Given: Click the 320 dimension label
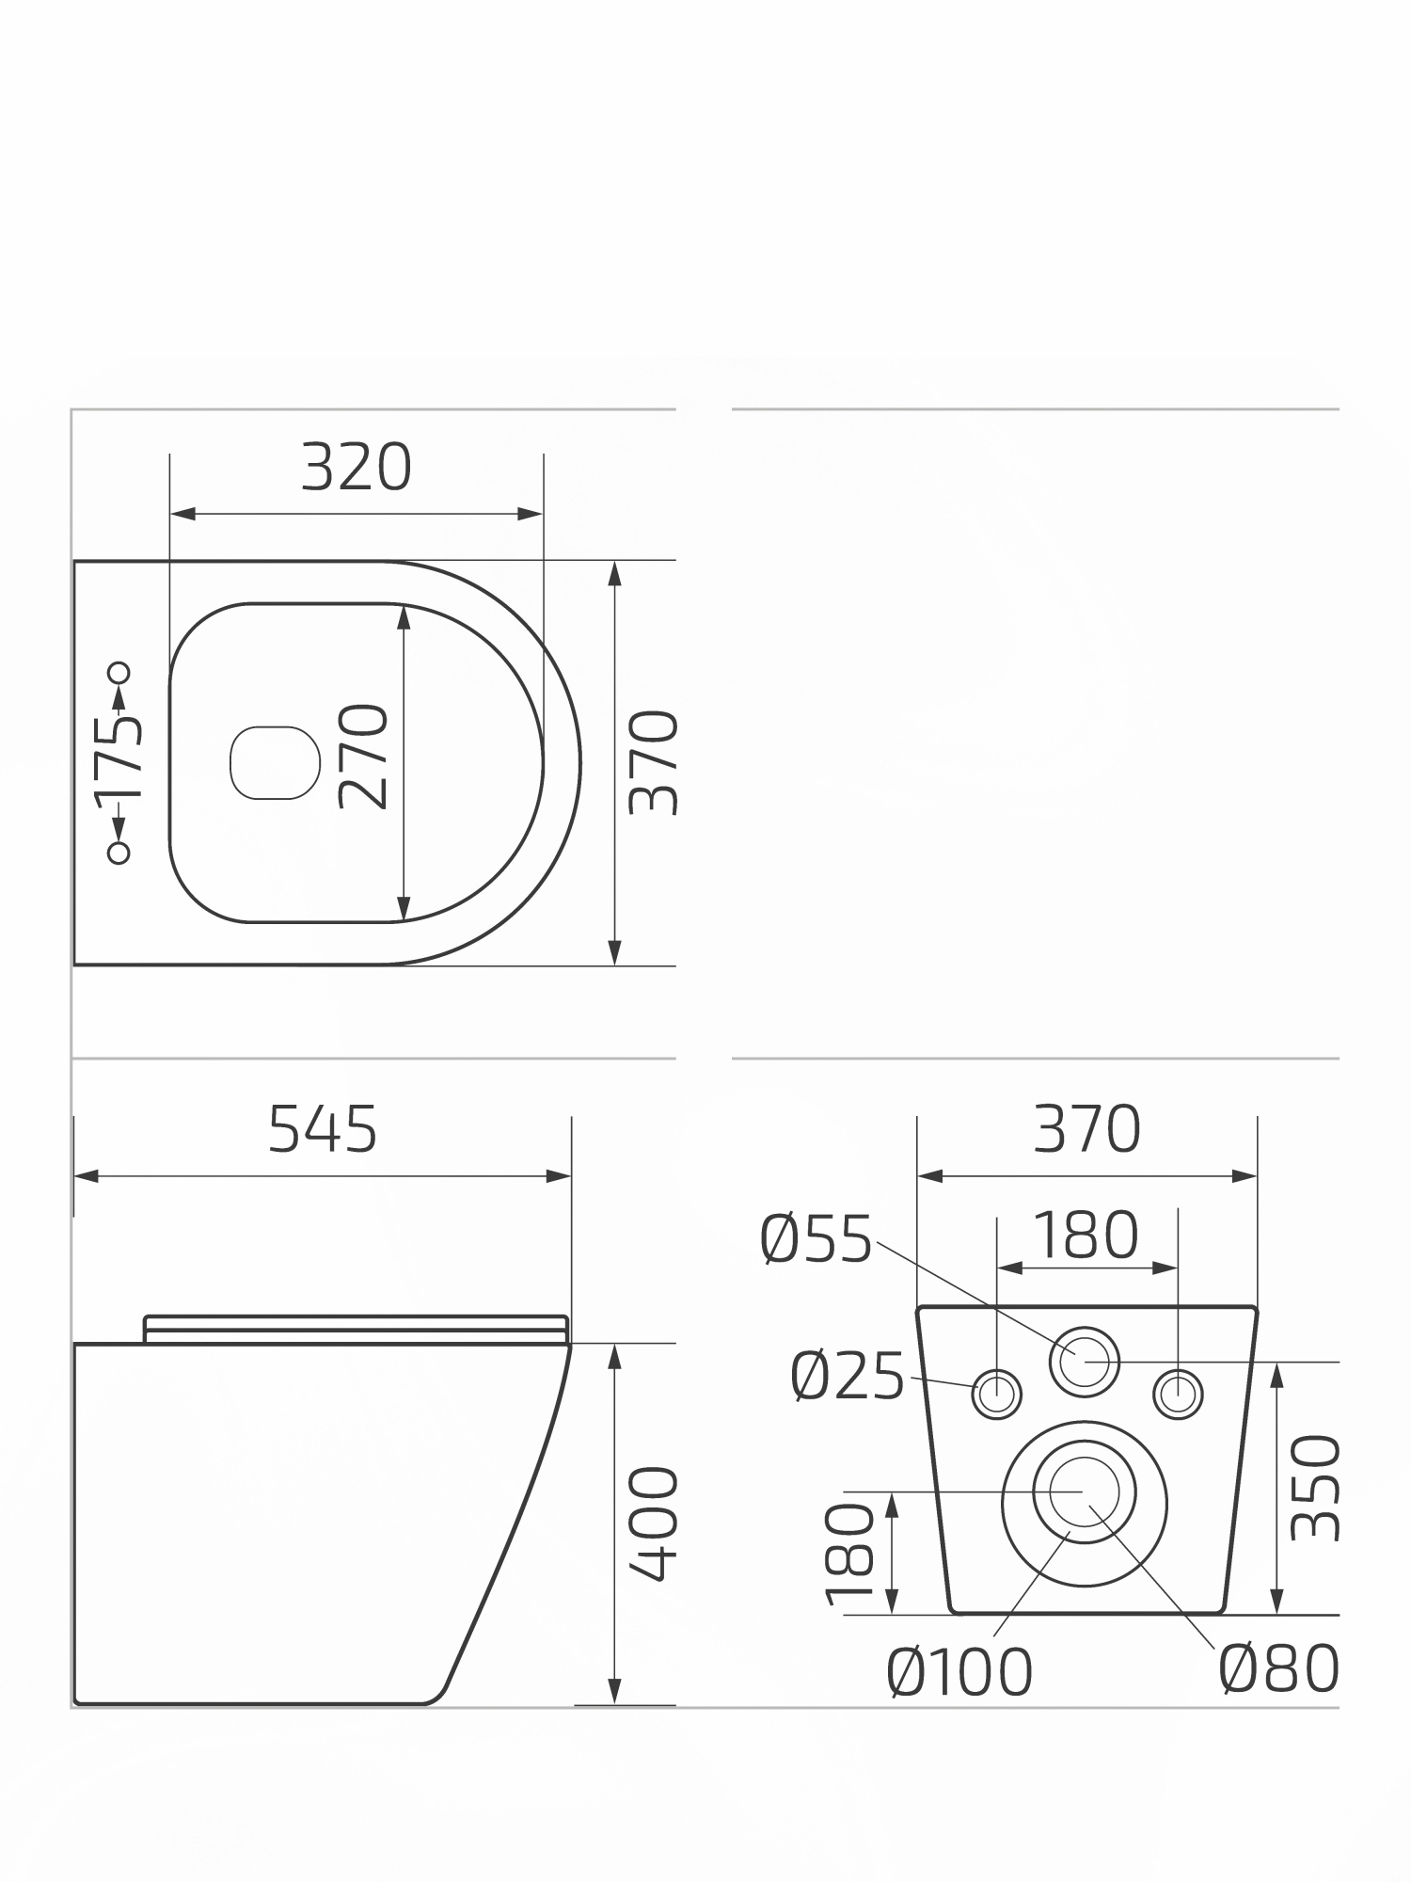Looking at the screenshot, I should [356, 468].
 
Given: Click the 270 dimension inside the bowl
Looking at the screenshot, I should [364, 756].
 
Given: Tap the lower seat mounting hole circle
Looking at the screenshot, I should [119, 853].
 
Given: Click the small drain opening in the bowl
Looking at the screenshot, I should [274, 762].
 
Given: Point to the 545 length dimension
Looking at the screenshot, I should [323, 1129].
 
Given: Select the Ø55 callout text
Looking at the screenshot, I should [816, 1239].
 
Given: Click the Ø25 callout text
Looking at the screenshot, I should [848, 1377].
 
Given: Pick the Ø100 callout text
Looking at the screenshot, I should [959, 1672].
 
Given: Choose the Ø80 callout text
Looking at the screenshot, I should [1278, 1668].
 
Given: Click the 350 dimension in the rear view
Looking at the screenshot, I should [1314, 1487].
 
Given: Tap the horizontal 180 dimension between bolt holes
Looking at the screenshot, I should [1086, 1236].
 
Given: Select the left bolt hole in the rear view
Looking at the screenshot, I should [996, 1394].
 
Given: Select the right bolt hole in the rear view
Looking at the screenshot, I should [1178, 1394].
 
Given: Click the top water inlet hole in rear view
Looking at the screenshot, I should [1085, 1361].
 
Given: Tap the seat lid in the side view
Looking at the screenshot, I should [356, 1328].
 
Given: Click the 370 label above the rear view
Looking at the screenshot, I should [1086, 1129].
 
